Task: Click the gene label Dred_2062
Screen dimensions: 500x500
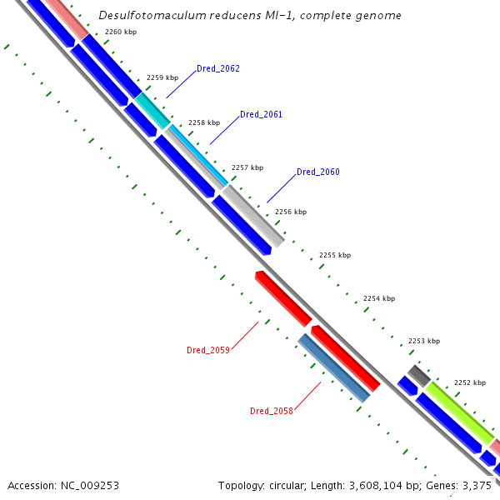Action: (x=218, y=68)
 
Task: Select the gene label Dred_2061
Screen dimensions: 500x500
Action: (x=262, y=114)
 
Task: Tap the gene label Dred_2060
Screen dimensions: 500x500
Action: (x=318, y=172)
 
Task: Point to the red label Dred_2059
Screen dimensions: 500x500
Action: (x=208, y=350)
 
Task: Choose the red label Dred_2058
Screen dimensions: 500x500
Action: (x=272, y=411)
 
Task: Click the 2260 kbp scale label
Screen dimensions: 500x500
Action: (x=121, y=32)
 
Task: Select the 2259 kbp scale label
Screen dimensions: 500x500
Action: (x=162, y=77)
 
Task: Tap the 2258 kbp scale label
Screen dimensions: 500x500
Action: (x=204, y=122)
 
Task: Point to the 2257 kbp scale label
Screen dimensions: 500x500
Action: (x=247, y=167)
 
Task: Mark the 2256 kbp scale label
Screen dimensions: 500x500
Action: (x=291, y=212)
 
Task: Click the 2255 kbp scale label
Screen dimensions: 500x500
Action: (x=335, y=255)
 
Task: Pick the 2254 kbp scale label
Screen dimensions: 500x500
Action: (x=379, y=298)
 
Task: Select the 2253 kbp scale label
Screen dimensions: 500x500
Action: (x=423, y=341)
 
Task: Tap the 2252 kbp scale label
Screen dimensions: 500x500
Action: (x=469, y=383)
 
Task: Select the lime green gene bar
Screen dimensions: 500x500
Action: (x=459, y=412)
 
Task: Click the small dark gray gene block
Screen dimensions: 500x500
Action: (x=418, y=375)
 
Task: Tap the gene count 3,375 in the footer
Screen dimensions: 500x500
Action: (x=477, y=485)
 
